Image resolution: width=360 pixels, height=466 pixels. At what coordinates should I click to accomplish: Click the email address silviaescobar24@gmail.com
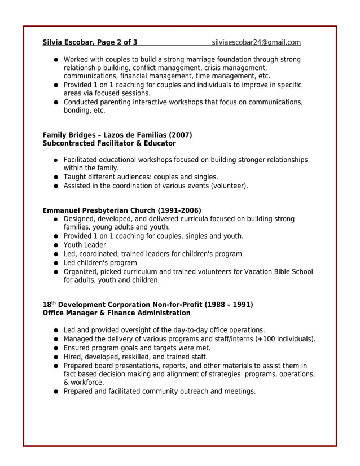tap(256, 42)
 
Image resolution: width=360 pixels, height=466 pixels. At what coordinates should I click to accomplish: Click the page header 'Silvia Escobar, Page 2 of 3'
tap(90, 42)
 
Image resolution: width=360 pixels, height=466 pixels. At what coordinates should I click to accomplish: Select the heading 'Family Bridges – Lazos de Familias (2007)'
tap(117, 135)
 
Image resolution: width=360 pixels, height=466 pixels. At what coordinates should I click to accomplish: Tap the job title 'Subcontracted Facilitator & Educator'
tap(109, 143)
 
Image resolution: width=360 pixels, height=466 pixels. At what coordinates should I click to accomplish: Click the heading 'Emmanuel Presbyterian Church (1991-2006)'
tap(122, 210)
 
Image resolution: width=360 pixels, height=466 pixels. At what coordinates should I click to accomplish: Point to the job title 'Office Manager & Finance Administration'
tap(116, 313)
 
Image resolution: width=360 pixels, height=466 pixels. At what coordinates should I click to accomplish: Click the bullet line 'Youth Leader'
tap(85, 245)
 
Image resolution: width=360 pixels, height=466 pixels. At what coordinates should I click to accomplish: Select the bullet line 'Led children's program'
tap(100, 262)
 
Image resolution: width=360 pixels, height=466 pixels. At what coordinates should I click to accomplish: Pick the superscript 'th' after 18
tap(54, 302)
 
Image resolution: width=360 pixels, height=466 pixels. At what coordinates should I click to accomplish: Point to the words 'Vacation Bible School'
tap(278, 271)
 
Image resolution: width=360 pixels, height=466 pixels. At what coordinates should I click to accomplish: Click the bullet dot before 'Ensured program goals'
tap(57, 348)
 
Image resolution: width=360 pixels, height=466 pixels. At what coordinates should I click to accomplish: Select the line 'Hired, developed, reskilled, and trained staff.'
tap(135, 357)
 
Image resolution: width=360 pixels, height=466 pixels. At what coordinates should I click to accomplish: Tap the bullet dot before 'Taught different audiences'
tap(57, 177)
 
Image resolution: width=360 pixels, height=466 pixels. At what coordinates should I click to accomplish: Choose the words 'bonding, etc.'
tap(84, 111)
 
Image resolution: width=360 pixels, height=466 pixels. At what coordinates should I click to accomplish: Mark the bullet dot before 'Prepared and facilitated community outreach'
tap(57, 392)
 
